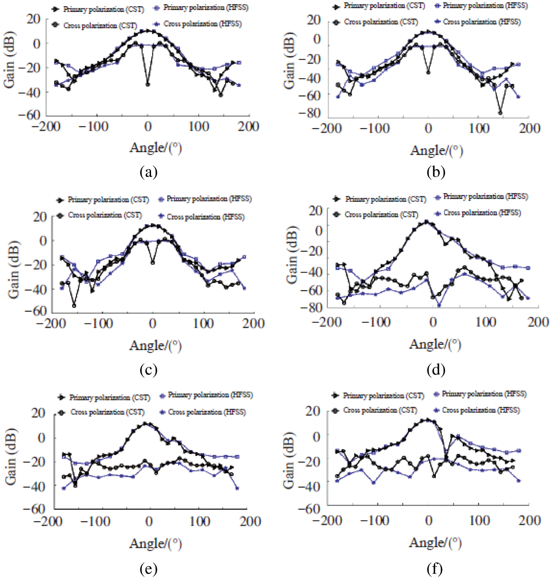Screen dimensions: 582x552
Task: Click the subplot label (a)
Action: click(x=148, y=172)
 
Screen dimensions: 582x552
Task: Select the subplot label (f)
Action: click(x=435, y=569)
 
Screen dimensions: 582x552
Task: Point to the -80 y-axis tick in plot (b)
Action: click(x=309, y=113)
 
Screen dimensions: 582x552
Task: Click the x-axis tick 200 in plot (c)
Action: click(x=253, y=324)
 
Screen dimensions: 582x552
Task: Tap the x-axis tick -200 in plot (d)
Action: click(x=327, y=322)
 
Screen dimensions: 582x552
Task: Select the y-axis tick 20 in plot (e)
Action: click(x=38, y=413)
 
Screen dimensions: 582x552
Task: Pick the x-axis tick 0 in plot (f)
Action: click(x=428, y=521)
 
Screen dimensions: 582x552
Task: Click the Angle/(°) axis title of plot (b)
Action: click(x=436, y=151)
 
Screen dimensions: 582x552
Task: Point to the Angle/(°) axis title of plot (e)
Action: click(x=155, y=544)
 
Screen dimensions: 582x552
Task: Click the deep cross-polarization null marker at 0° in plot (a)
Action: click(x=147, y=84)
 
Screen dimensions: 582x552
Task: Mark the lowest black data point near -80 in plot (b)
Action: click(x=500, y=113)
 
